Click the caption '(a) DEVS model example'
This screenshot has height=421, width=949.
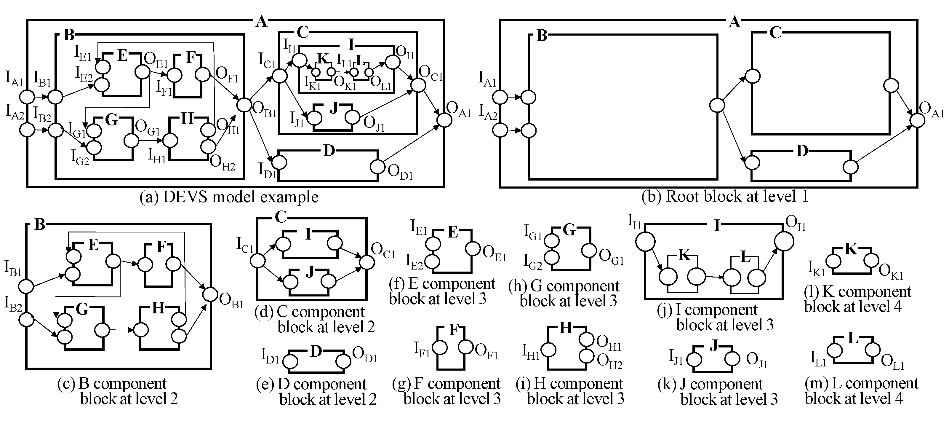[229, 197]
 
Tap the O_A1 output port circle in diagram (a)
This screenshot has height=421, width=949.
[444, 119]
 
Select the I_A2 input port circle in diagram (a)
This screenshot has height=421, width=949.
[27, 130]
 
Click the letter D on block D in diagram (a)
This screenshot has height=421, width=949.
[329, 151]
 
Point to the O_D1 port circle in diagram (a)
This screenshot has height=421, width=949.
[377, 166]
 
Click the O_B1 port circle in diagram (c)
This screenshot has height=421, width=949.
[211, 294]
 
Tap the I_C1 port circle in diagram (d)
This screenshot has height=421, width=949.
[257, 261]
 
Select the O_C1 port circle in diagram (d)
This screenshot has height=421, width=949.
[367, 262]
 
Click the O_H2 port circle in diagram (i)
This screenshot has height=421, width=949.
[586, 356]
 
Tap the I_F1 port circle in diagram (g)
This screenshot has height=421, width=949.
[439, 347]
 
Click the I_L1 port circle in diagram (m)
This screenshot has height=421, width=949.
[835, 350]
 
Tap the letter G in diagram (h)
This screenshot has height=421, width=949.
[569, 230]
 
